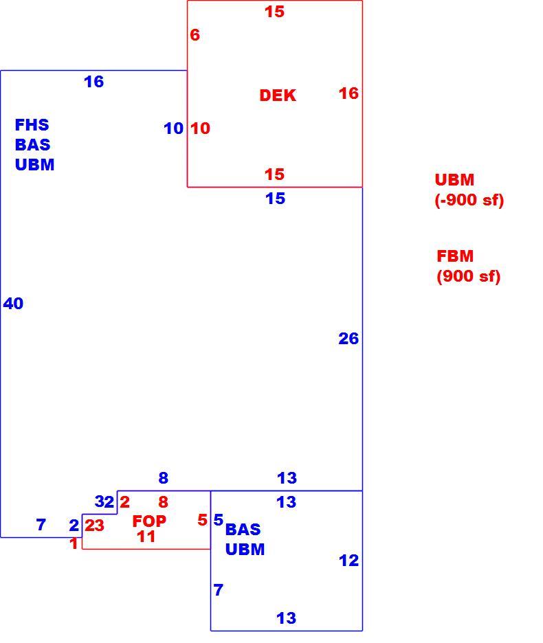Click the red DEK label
(278, 95)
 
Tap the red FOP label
(149, 521)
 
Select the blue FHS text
(32, 124)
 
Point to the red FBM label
(455, 256)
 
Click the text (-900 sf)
(469, 200)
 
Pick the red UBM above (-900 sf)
(454, 179)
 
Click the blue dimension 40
(13, 304)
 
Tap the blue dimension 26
(348, 339)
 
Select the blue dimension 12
(349, 561)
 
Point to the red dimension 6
(195, 35)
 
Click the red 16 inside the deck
(349, 93)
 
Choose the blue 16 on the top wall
(94, 82)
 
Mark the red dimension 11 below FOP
(146, 537)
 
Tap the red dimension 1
(74, 544)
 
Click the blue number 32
(104, 501)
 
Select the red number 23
(94, 526)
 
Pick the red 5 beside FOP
(202, 520)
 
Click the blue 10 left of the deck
(174, 128)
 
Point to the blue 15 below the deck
(275, 199)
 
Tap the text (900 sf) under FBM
(469, 276)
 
